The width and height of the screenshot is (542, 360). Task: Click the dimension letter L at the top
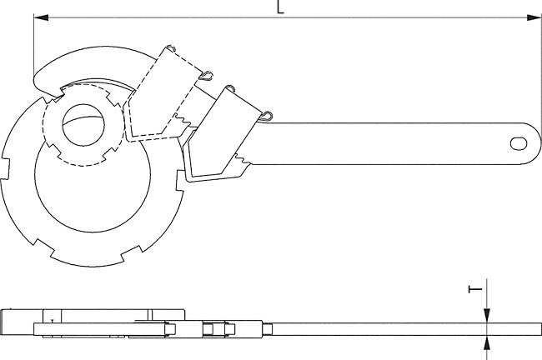coord(280,7)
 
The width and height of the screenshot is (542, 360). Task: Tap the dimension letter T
coord(475,289)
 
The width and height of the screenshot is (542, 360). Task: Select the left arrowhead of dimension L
coord(41,17)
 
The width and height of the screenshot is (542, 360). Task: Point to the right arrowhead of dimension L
coord(534,17)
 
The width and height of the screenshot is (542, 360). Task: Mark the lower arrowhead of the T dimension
coord(487,342)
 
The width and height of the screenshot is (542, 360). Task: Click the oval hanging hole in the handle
coord(519,143)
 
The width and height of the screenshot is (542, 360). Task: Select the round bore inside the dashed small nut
coord(83,125)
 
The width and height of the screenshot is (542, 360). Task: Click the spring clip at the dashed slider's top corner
coord(171,48)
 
